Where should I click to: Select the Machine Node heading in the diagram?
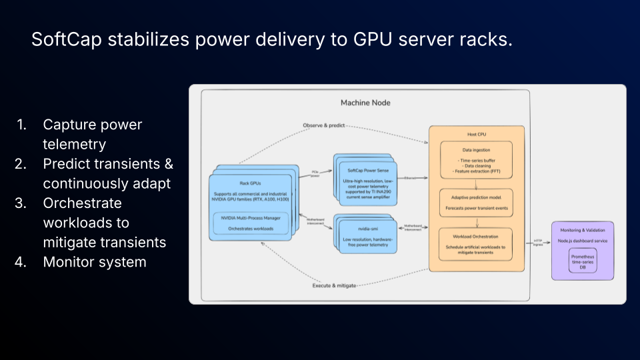pyautogui.click(x=365, y=103)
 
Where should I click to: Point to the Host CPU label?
pyautogui.click(x=476, y=135)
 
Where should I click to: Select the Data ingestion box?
pyautogui.click(x=476, y=160)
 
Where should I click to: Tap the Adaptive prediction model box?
pyautogui.click(x=476, y=203)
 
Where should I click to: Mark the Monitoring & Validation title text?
pyautogui.click(x=583, y=230)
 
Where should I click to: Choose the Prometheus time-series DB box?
pyautogui.click(x=583, y=260)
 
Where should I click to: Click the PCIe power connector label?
pyautogui.click(x=315, y=174)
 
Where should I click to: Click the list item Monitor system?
pyautogui.click(x=95, y=262)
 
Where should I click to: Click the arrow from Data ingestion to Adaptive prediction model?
pyautogui.click(x=476, y=185)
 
